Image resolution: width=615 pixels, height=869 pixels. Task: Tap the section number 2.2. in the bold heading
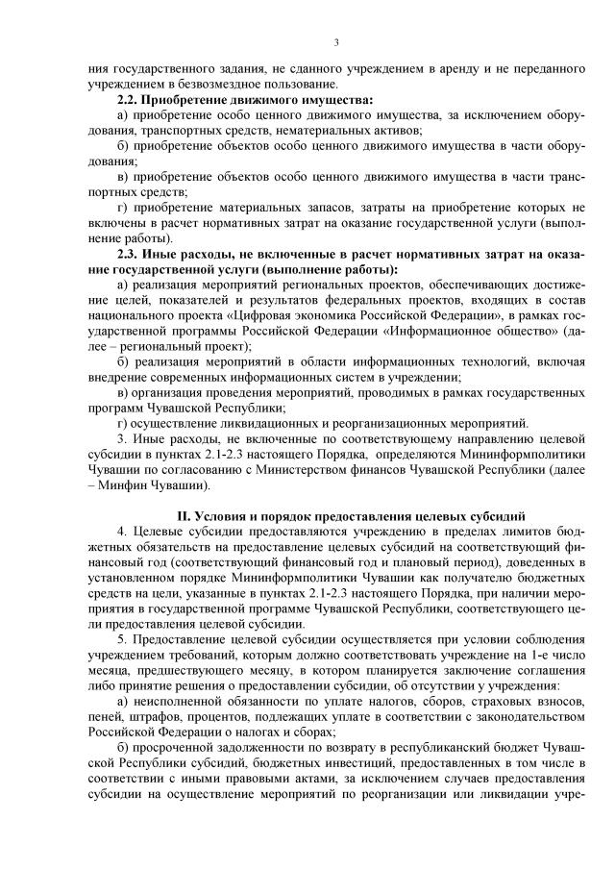(x=129, y=100)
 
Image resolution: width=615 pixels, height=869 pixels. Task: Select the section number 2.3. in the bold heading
(x=129, y=254)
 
